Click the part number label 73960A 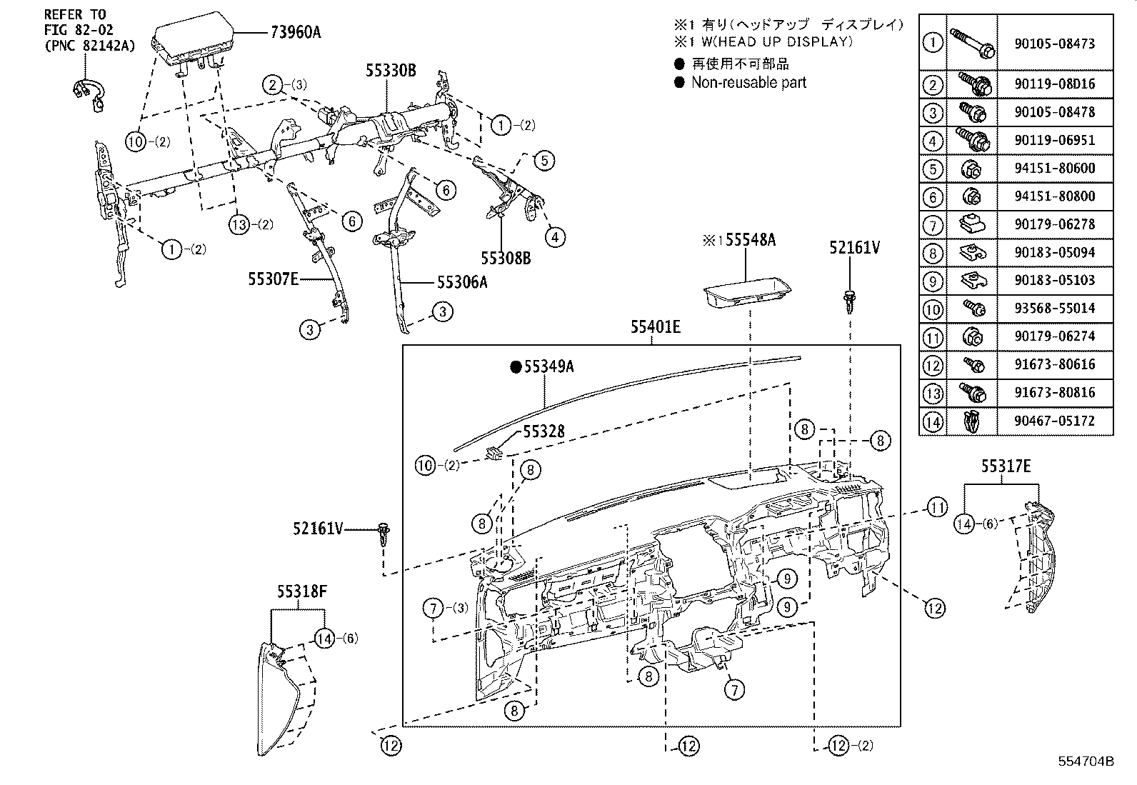pyautogui.click(x=295, y=31)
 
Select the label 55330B pyautogui.click(x=391, y=70)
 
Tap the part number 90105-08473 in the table pyautogui.click(x=1053, y=43)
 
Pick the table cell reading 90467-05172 pyautogui.click(x=1053, y=421)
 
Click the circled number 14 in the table pyautogui.click(x=933, y=421)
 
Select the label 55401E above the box pyautogui.click(x=655, y=327)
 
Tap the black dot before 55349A pyautogui.click(x=515, y=367)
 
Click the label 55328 pyautogui.click(x=544, y=431)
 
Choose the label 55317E pyautogui.click(x=1005, y=467)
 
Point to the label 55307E pyautogui.click(x=273, y=279)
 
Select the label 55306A pyautogui.click(x=462, y=282)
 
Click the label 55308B pyautogui.click(x=506, y=259)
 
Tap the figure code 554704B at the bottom pyautogui.click(x=1086, y=761)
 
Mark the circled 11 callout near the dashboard pyautogui.click(x=937, y=508)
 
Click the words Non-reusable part pyautogui.click(x=748, y=82)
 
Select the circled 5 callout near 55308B pyautogui.click(x=544, y=159)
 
